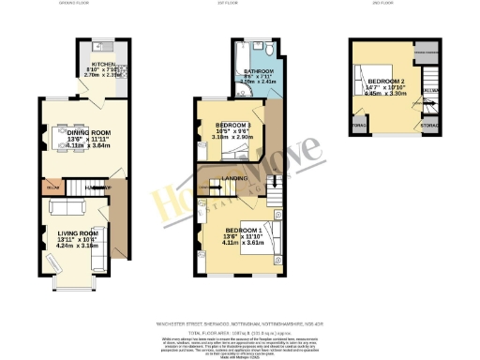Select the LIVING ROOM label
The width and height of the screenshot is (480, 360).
(76, 233)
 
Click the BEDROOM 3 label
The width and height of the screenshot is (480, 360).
(232, 126)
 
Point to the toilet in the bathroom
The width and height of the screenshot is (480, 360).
(269, 49)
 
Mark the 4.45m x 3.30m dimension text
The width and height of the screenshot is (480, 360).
(389, 94)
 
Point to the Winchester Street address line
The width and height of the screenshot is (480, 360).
(238, 324)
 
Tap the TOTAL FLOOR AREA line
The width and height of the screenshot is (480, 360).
(238, 332)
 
